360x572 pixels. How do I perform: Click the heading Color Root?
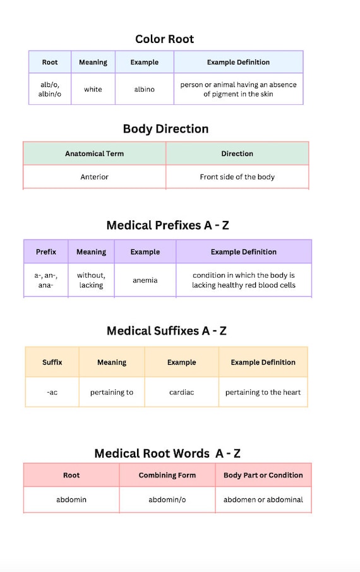[x=164, y=39]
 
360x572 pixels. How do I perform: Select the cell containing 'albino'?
[x=145, y=89]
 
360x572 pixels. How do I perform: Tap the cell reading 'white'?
[x=93, y=89]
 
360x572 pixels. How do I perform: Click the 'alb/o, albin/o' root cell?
[x=50, y=89]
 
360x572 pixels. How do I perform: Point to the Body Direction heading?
[x=165, y=129]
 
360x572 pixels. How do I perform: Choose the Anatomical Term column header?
[x=95, y=153]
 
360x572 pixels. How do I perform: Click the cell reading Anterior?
[x=95, y=177]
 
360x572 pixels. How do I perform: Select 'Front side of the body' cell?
[x=237, y=177]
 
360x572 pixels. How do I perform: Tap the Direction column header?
[x=237, y=153]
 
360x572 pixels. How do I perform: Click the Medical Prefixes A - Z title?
[x=167, y=225]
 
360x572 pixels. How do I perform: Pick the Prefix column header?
[x=46, y=252]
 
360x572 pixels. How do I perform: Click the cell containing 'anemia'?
[x=145, y=280]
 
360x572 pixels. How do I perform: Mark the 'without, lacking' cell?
[x=92, y=280]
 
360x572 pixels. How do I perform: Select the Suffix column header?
[x=52, y=362]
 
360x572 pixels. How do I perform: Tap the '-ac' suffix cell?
[x=52, y=392]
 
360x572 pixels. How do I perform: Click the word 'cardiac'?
[x=181, y=392]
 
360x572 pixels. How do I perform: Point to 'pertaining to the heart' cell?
[x=263, y=392]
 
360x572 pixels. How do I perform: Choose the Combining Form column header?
[x=167, y=475]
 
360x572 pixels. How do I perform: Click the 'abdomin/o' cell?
[x=167, y=499]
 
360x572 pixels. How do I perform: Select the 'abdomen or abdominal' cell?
[x=263, y=499]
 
